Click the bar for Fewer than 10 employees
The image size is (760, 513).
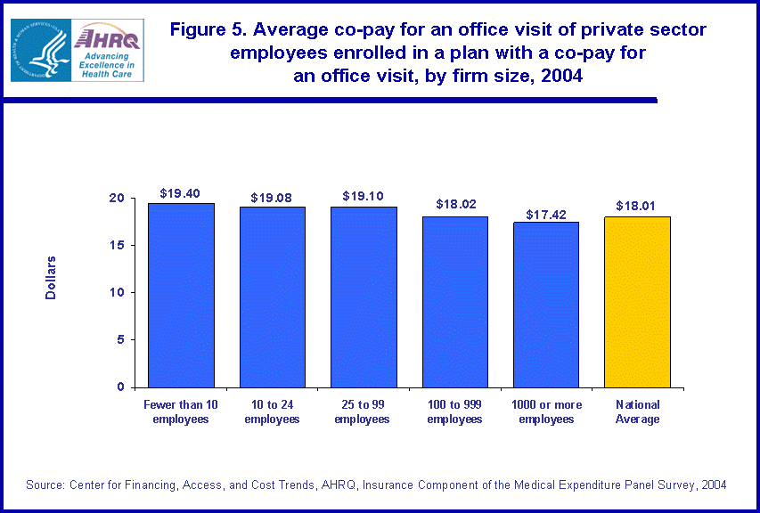coord(181,295)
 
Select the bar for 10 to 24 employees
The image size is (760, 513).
coord(272,297)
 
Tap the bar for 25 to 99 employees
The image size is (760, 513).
coord(364,297)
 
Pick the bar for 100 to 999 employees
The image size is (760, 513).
coord(454,302)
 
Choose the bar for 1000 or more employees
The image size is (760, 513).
coord(545,305)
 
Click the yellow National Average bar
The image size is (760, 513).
coord(637,302)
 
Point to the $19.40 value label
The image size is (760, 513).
coord(181,192)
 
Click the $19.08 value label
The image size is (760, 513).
coord(272,196)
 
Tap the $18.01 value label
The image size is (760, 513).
coord(637,206)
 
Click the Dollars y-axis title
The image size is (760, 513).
coord(51,277)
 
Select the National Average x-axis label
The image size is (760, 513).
coord(637,411)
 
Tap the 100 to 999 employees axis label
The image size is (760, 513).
coord(454,411)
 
